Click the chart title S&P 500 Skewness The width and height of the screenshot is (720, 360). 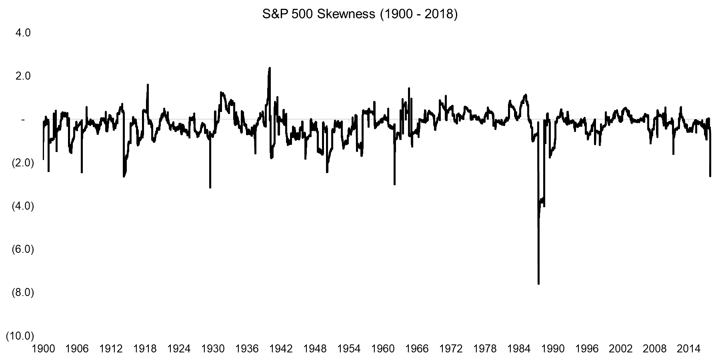[x=359, y=14]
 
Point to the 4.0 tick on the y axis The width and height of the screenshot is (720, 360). [x=22, y=33]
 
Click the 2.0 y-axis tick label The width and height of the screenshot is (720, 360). [x=22, y=76]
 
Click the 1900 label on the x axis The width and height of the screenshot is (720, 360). [x=43, y=349]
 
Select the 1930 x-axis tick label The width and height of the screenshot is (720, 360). [x=213, y=349]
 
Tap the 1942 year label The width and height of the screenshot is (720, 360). [x=281, y=349]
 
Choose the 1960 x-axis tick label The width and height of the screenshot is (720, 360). [x=383, y=349]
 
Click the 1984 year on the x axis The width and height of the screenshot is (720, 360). [x=519, y=349]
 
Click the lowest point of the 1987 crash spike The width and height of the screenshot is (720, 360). [x=539, y=284]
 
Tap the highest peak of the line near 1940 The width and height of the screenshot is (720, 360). [x=270, y=68]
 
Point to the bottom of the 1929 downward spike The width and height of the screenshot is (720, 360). [x=210, y=187]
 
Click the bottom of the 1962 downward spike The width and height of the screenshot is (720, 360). [x=394, y=184]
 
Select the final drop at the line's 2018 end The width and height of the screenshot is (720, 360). [x=710, y=176]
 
